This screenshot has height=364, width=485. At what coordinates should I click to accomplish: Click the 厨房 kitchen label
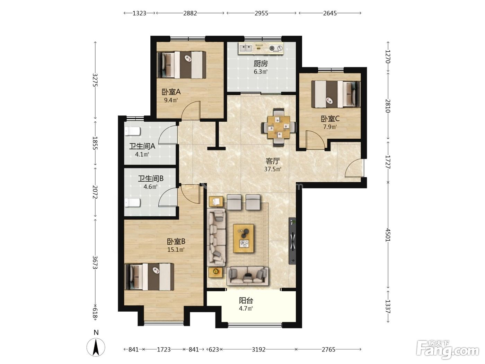(x=261, y=64)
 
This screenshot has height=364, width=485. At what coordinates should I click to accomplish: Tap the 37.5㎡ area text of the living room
(x=273, y=169)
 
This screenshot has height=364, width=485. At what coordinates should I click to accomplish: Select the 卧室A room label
(x=171, y=92)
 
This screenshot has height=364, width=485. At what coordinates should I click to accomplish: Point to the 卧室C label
(x=330, y=119)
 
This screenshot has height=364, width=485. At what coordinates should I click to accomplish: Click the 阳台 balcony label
(x=246, y=301)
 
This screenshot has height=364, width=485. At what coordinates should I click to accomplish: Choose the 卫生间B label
(x=151, y=178)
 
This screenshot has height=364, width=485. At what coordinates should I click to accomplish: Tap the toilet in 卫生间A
(x=132, y=131)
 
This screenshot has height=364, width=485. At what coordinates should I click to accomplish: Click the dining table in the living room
(x=279, y=127)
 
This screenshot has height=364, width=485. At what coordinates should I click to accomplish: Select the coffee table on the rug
(x=244, y=238)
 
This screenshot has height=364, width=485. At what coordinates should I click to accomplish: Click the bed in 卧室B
(x=149, y=277)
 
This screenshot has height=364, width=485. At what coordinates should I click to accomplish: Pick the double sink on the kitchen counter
(x=246, y=48)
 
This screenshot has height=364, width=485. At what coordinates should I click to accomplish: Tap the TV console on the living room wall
(x=292, y=241)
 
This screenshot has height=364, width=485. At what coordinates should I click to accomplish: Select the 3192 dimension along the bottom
(x=258, y=350)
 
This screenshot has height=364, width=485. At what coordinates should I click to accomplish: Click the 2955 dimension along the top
(x=262, y=13)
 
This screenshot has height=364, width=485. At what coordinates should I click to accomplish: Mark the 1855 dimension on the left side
(x=95, y=143)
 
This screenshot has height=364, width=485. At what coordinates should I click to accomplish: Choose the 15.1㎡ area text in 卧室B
(x=176, y=250)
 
